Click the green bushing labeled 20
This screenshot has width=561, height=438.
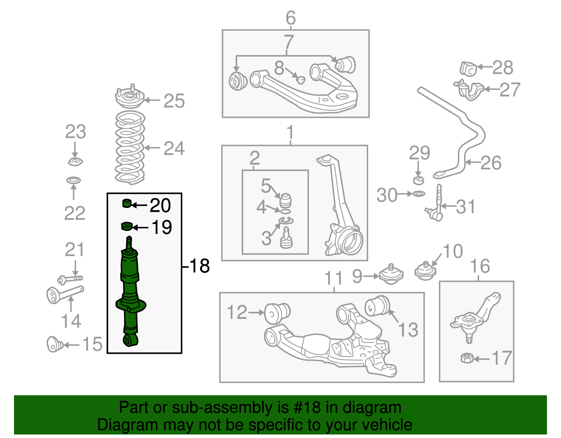pos(126,203)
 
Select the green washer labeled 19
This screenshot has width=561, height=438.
pos(126,227)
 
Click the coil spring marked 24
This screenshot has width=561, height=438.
pos(130,147)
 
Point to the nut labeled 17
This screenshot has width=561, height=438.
pos(467,358)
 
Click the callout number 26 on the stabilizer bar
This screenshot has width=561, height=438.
pos(491,163)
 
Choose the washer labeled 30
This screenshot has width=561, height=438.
pos(419,194)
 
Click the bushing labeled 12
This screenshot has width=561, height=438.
pos(277,313)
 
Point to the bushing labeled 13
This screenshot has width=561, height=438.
pos(377,305)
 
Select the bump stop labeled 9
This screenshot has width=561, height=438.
pos(391,275)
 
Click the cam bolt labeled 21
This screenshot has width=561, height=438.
pos(70,279)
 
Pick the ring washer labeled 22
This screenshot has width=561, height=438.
pos(74,180)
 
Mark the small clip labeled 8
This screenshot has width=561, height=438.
pos(300,80)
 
